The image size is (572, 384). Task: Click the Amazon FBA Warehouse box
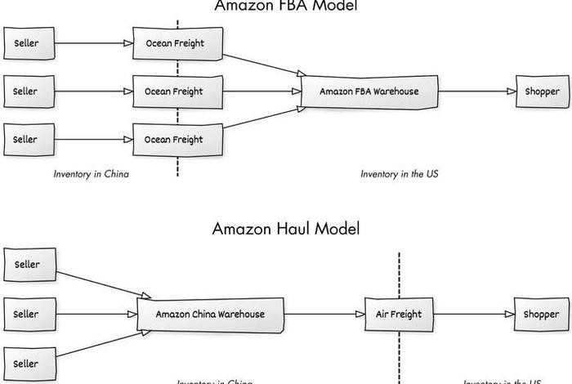[369, 92]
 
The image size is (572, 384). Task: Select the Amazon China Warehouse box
[211, 315]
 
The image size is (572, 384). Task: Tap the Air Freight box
[399, 315]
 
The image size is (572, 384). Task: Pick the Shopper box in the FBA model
[542, 92]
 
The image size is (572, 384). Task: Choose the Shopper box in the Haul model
[542, 315]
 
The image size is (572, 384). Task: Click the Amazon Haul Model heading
[286, 229]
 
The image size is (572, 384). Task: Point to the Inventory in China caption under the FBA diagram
[92, 174]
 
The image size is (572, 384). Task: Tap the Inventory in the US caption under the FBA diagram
[400, 174]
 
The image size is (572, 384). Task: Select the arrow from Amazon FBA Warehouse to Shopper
[476, 92]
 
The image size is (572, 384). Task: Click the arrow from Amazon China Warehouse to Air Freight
[325, 315]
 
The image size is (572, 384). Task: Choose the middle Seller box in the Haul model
[27, 315]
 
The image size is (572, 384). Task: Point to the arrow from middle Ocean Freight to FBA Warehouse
[261, 92]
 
